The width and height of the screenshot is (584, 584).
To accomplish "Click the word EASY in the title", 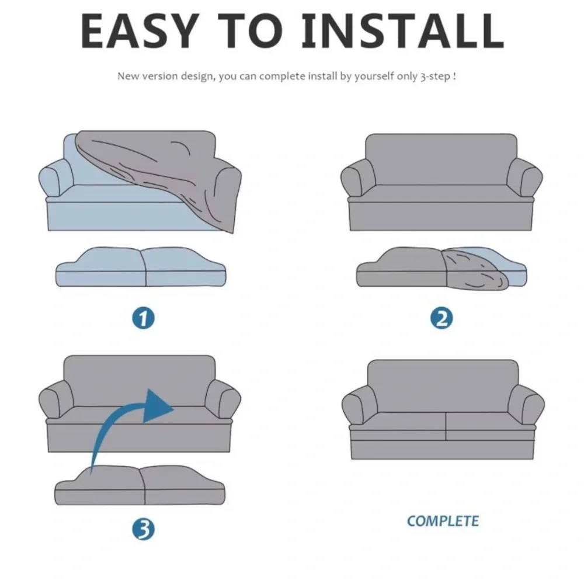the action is point(138,31).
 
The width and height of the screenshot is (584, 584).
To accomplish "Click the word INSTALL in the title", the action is point(402,31).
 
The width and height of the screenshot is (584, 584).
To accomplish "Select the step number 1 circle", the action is point(144,318).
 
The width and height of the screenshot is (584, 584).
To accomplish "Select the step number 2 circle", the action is point(442,318).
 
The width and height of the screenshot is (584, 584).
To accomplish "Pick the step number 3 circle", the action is point(144,529).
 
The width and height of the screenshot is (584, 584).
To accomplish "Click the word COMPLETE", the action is point(443,521).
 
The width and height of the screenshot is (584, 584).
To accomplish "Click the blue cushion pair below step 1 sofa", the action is point(141,267).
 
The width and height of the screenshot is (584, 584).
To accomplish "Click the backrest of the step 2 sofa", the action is point(442,159).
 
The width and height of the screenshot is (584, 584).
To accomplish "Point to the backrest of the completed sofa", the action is point(443,386).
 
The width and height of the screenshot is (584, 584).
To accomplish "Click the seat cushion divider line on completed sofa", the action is point(446,426).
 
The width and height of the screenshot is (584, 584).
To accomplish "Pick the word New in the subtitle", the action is point(128,76).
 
